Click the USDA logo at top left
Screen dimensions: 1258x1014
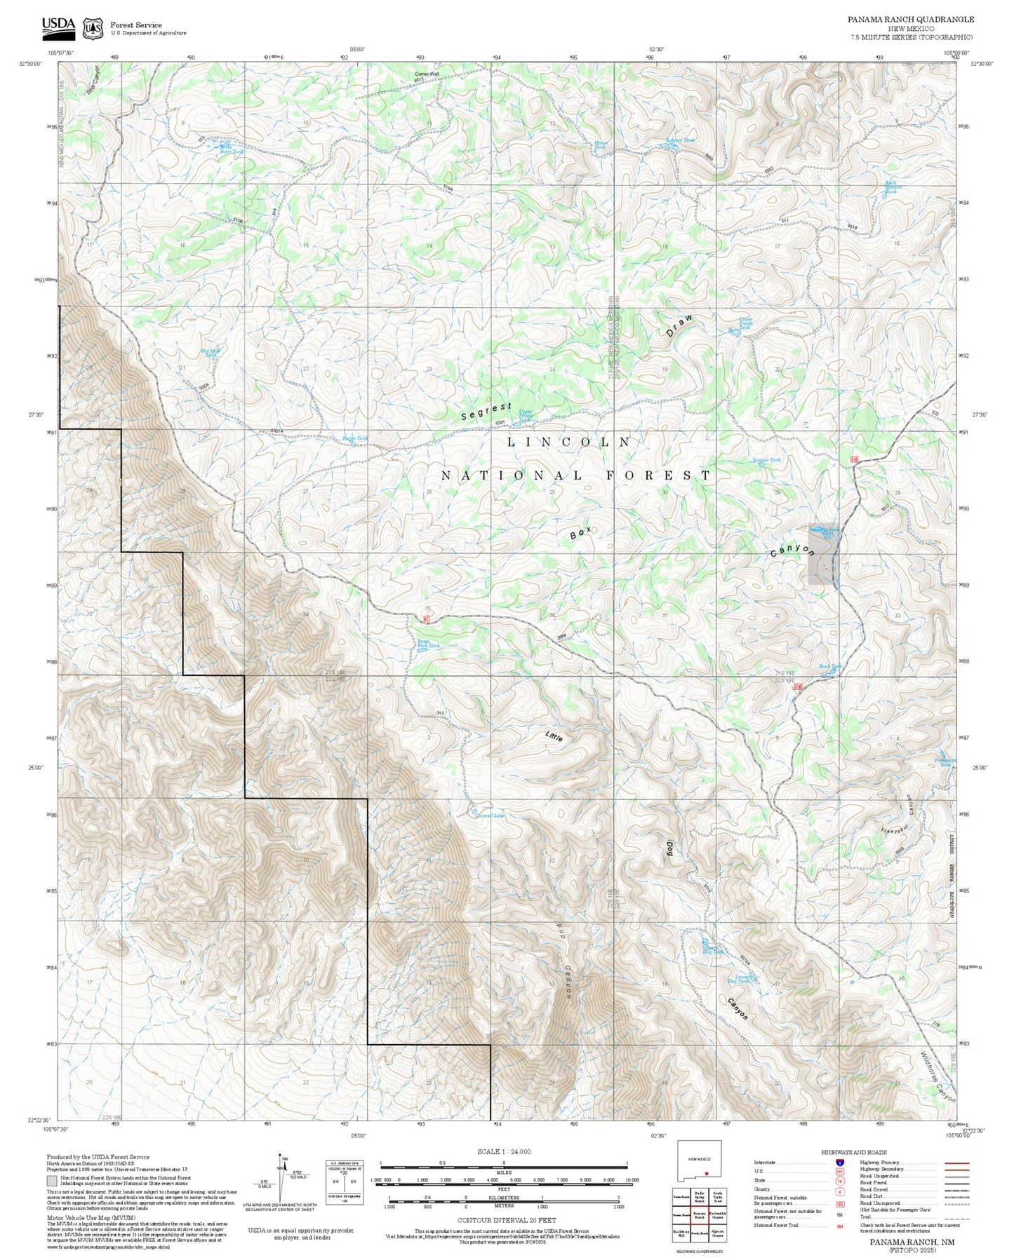[58, 26]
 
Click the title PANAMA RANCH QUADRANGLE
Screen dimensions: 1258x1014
[910, 20]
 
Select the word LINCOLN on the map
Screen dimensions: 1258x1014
[569, 442]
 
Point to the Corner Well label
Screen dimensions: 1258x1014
[427, 74]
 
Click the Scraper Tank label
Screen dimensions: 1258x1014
[766, 461]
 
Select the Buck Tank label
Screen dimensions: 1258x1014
[830, 667]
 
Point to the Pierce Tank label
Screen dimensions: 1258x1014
[355, 439]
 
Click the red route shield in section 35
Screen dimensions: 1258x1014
[426, 618]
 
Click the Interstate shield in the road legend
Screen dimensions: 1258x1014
[839, 1163]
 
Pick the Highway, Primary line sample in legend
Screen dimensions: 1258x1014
[956, 1163]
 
